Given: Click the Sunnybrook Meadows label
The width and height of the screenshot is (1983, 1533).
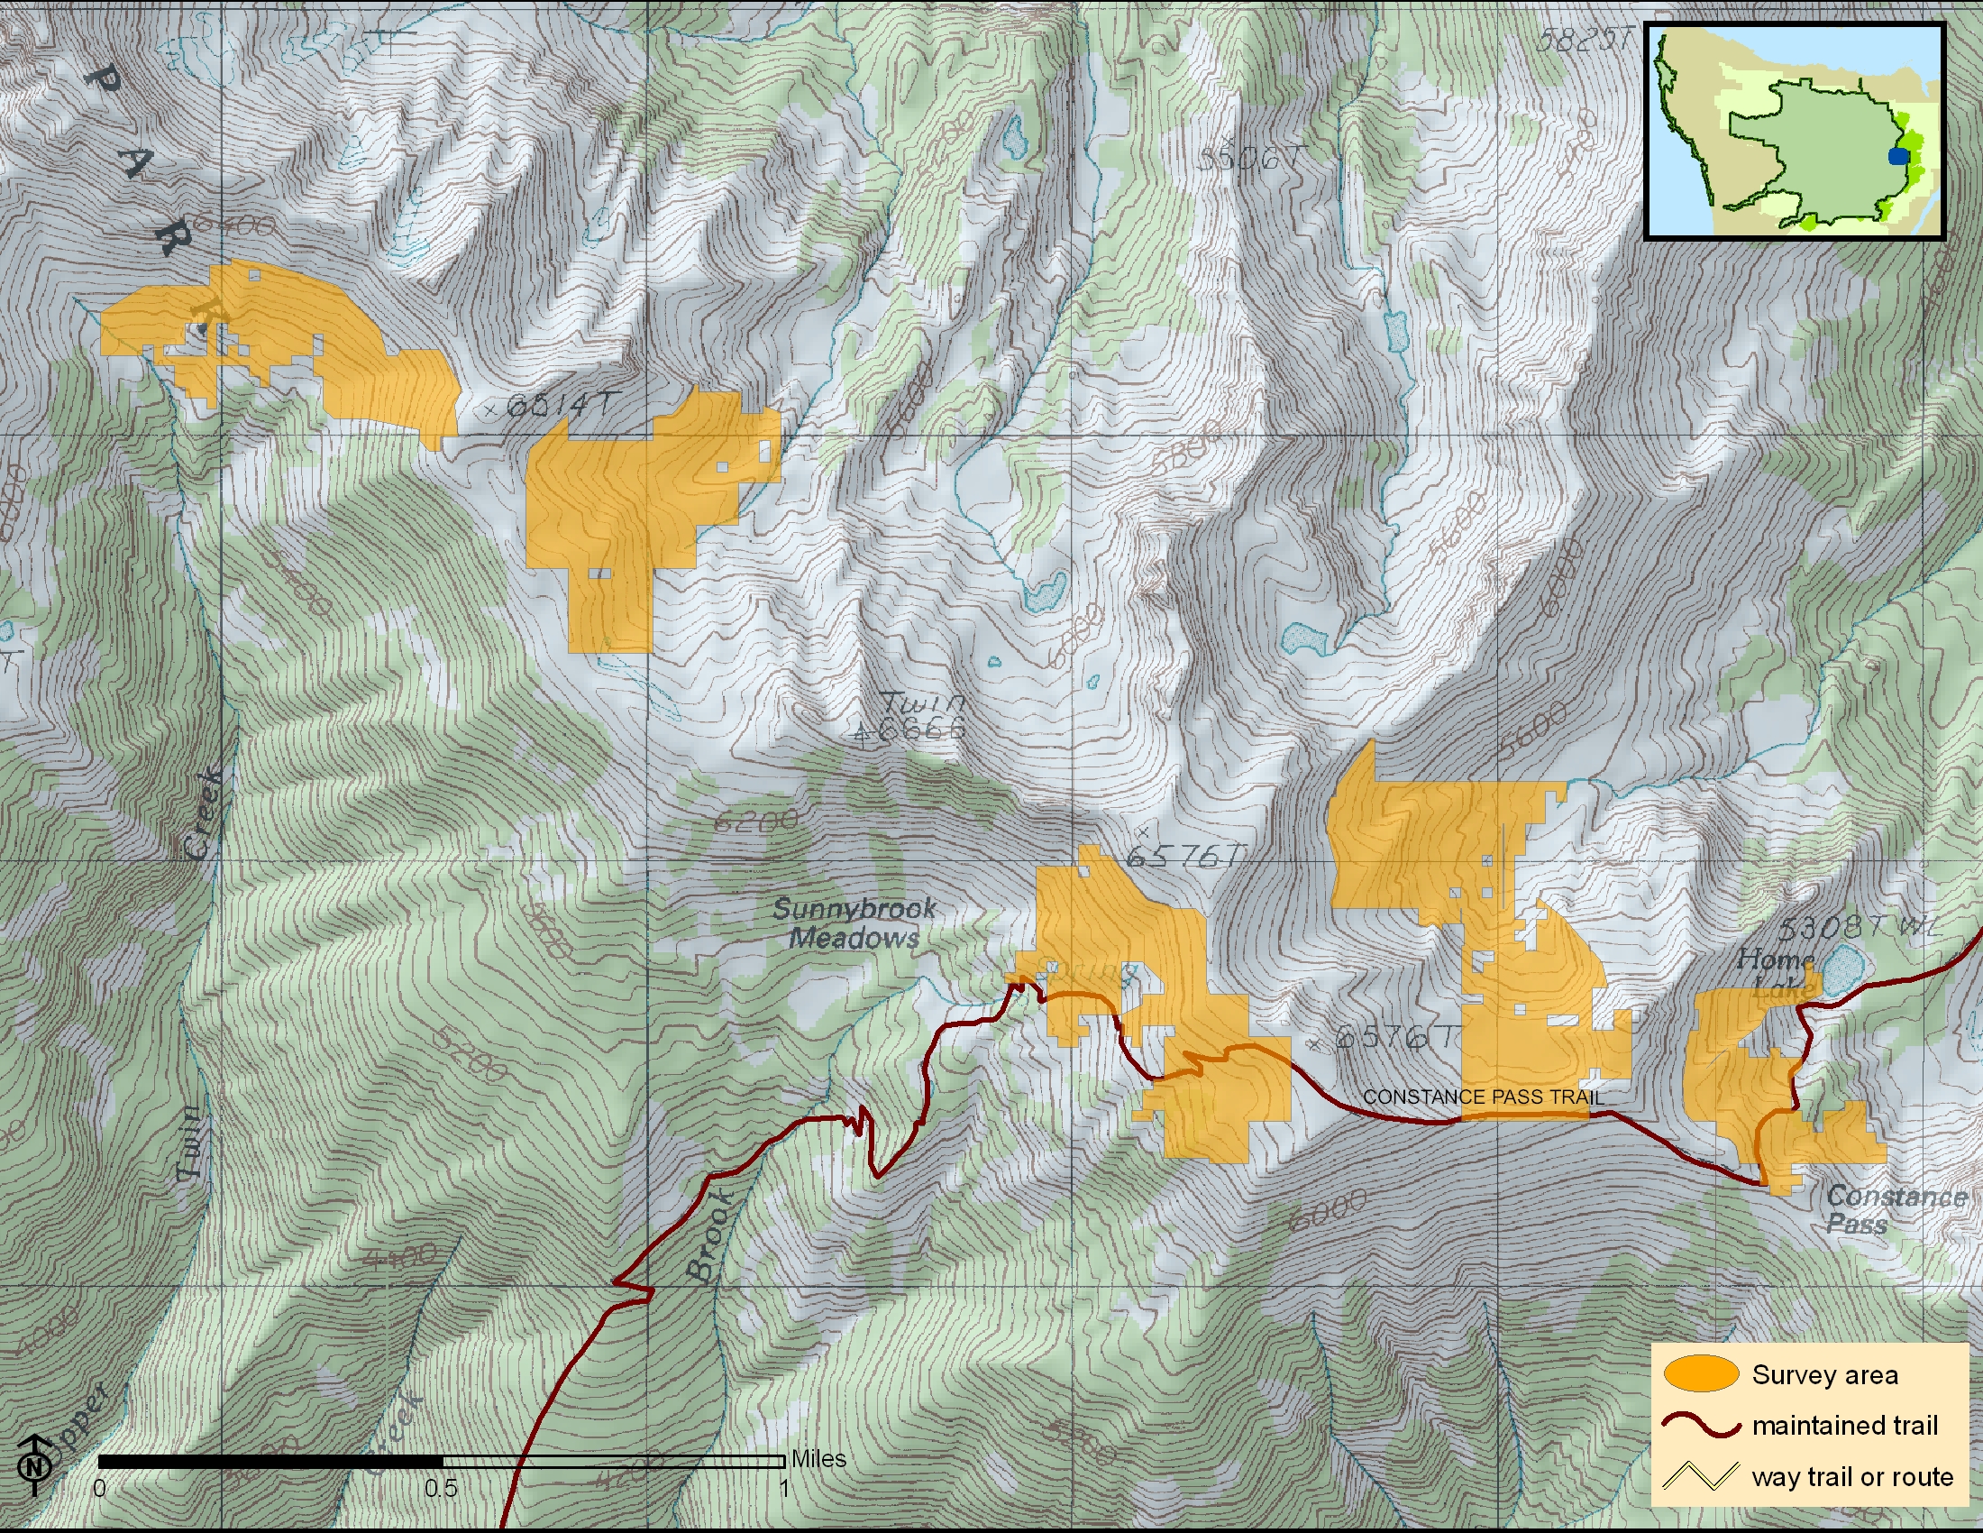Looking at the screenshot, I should tap(854, 923).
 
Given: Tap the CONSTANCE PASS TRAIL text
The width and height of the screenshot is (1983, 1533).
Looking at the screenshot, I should tap(1483, 1097).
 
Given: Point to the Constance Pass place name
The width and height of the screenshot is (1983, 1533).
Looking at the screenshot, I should tap(1895, 1209).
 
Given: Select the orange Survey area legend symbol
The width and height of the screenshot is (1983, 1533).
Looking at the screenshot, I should tap(1701, 1374).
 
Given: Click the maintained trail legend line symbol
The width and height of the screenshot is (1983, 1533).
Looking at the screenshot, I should tap(1701, 1426).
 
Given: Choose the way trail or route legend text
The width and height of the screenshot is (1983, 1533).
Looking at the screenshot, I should tap(1852, 1477).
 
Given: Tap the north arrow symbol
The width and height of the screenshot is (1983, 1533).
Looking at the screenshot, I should tap(34, 1464).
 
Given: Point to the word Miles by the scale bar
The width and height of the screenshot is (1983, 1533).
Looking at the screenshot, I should tap(818, 1458).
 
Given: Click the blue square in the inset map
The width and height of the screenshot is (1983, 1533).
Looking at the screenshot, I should tap(1897, 156).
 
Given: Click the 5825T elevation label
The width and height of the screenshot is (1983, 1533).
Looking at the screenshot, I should tap(1585, 39).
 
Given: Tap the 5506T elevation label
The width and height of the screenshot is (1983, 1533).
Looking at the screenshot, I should tap(1251, 158).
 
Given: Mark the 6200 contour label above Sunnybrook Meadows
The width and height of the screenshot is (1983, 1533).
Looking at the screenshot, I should tap(755, 821).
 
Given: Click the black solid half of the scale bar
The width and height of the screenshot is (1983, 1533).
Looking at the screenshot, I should tap(270, 1461).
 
